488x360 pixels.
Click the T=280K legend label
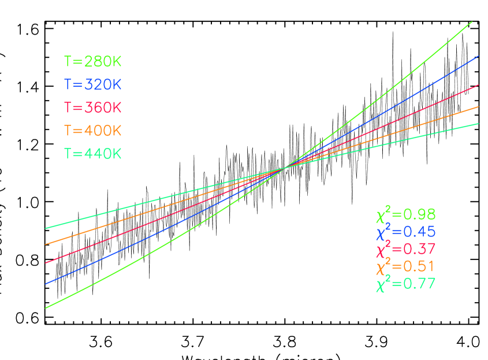coord(92,62)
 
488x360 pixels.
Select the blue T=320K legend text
coord(92,85)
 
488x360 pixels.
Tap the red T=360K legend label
coord(92,108)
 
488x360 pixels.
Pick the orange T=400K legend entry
coord(92,131)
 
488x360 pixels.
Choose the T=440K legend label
coord(92,154)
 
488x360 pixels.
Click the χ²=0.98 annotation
coord(405,214)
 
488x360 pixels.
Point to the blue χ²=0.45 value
coord(405,232)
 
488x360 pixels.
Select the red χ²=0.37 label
coord(405,249)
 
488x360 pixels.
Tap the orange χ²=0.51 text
coord(405,266)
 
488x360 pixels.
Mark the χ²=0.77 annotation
coord(405,284)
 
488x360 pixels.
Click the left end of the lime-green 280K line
coord(46,308)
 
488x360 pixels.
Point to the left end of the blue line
coord(46,284)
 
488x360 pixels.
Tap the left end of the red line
coord(46,263)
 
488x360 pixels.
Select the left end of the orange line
coord(46,244)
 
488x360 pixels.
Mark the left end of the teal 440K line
coord(46,228)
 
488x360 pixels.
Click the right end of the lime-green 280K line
coord(472,22)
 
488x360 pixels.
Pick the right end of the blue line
coord(478,57)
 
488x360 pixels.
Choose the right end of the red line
coord(478,85)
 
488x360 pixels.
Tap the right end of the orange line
coord(478,107)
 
